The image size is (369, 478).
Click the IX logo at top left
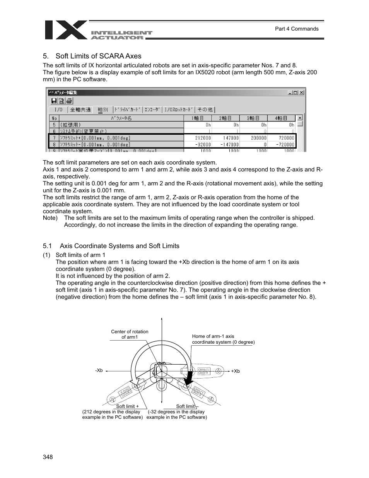tap(66, 30)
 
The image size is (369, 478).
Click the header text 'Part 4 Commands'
tap(296, 29)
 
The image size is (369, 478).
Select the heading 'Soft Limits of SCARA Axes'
tap(98, 56)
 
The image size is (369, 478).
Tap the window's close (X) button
tap(302, 93)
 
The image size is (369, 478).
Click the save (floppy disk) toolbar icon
tap(54, 101)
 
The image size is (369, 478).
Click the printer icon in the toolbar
tap(69, 101)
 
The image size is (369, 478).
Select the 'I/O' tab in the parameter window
tap(58, 110)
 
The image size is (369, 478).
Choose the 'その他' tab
tap(205, 110)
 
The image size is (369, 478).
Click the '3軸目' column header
tap(253, 118)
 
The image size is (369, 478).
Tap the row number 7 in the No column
tap(54, 138)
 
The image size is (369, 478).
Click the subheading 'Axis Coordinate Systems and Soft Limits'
tap(119, 246)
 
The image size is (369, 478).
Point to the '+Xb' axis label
tap(236, 371)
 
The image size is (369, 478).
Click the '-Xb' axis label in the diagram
tap(99, 370)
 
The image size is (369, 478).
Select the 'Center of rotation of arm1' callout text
tap(130, 334)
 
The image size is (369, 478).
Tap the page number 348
tap(48, 457)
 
